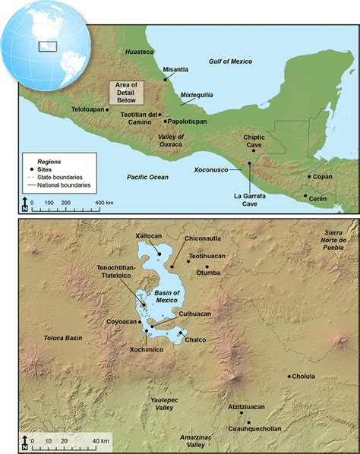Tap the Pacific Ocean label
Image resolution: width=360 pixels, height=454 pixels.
pos(148,177)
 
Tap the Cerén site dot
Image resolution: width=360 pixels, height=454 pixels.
pos(305,197)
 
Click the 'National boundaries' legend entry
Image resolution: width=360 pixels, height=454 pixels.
pos(62,184)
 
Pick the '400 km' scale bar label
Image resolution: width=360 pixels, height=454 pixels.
pos(103,203)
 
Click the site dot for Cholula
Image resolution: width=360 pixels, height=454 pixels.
pos(289,376)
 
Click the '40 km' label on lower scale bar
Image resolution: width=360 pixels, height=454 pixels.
pos(100,441)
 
